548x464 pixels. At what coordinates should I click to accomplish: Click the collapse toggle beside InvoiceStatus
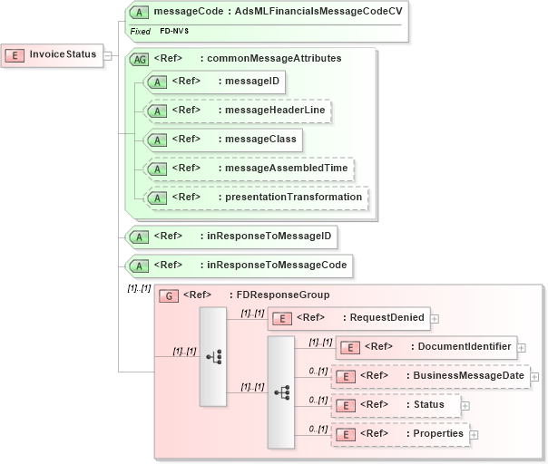point(107,55)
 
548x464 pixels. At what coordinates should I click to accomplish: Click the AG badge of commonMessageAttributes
point(140,59)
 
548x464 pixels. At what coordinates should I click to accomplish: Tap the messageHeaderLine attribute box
point(237,111)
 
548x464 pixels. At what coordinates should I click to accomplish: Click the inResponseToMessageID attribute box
point(231,237)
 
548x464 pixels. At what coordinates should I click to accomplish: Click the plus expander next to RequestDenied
point(435,319)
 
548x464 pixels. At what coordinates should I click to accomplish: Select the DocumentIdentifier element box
point(426,347)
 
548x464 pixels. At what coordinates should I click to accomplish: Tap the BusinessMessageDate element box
point(431,375)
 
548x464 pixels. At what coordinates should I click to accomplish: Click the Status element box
point(396,404)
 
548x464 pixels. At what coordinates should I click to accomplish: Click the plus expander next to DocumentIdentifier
point(521,348)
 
